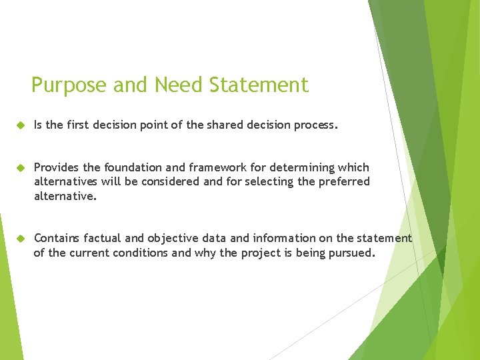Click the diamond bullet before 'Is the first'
[x=20, y=125]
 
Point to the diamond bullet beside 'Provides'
[x=20, y=167]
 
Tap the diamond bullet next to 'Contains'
[x=20, y=238]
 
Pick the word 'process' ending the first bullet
[x=315, y=125]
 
